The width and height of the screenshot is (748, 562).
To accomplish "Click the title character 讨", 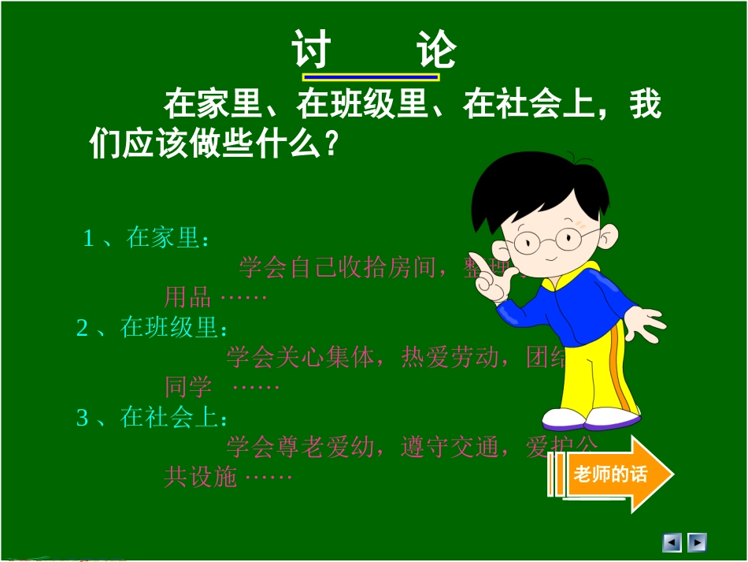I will click(x=310, y=50).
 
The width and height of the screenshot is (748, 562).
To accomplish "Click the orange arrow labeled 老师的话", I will click(x=619, y=475).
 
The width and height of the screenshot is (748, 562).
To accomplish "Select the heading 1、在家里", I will click(x=146, y=238).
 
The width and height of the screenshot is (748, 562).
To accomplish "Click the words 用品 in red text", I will click(x=187, y=297).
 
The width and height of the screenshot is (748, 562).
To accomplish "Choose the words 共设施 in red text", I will click(x=200, y=477).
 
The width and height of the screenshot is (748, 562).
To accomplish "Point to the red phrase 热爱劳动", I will click(x=450, y=358).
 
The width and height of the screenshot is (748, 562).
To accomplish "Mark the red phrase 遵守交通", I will click(x=450, y=448).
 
